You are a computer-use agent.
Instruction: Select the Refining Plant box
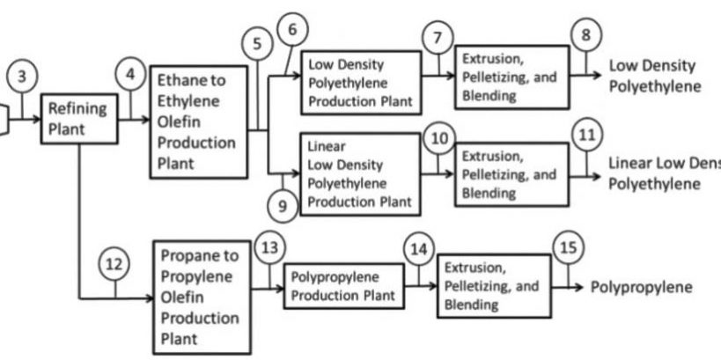click(79, 117)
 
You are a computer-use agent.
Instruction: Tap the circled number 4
click(131, 76)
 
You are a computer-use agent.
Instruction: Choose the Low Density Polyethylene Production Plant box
click(360, 83)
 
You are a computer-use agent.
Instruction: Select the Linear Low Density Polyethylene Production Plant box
click(360, 173)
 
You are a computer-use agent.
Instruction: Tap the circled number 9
click(283, 206)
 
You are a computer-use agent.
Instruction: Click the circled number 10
click(438, 137)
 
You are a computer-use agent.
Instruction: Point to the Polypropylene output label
click(641, 287)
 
